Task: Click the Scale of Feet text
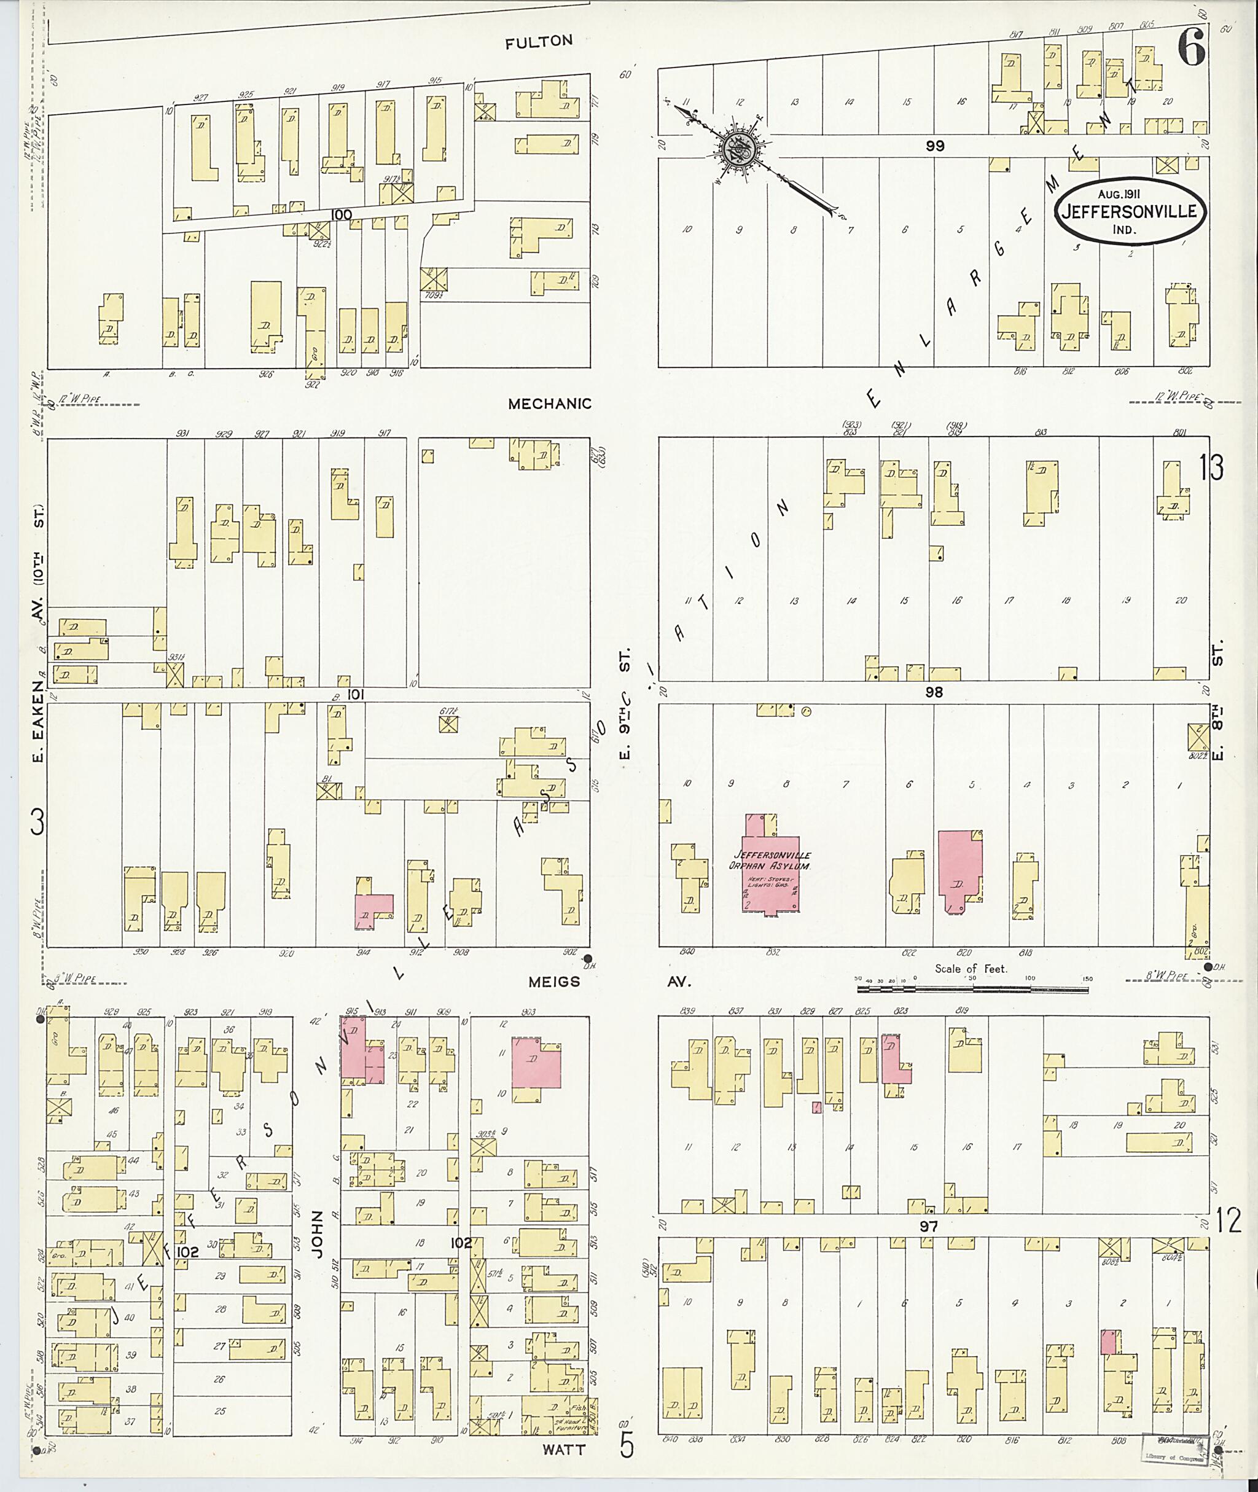pos(971,969)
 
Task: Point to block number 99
pos(935,146)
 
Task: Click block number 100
pos(342,214)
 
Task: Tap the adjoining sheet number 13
pos(1211,468)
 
